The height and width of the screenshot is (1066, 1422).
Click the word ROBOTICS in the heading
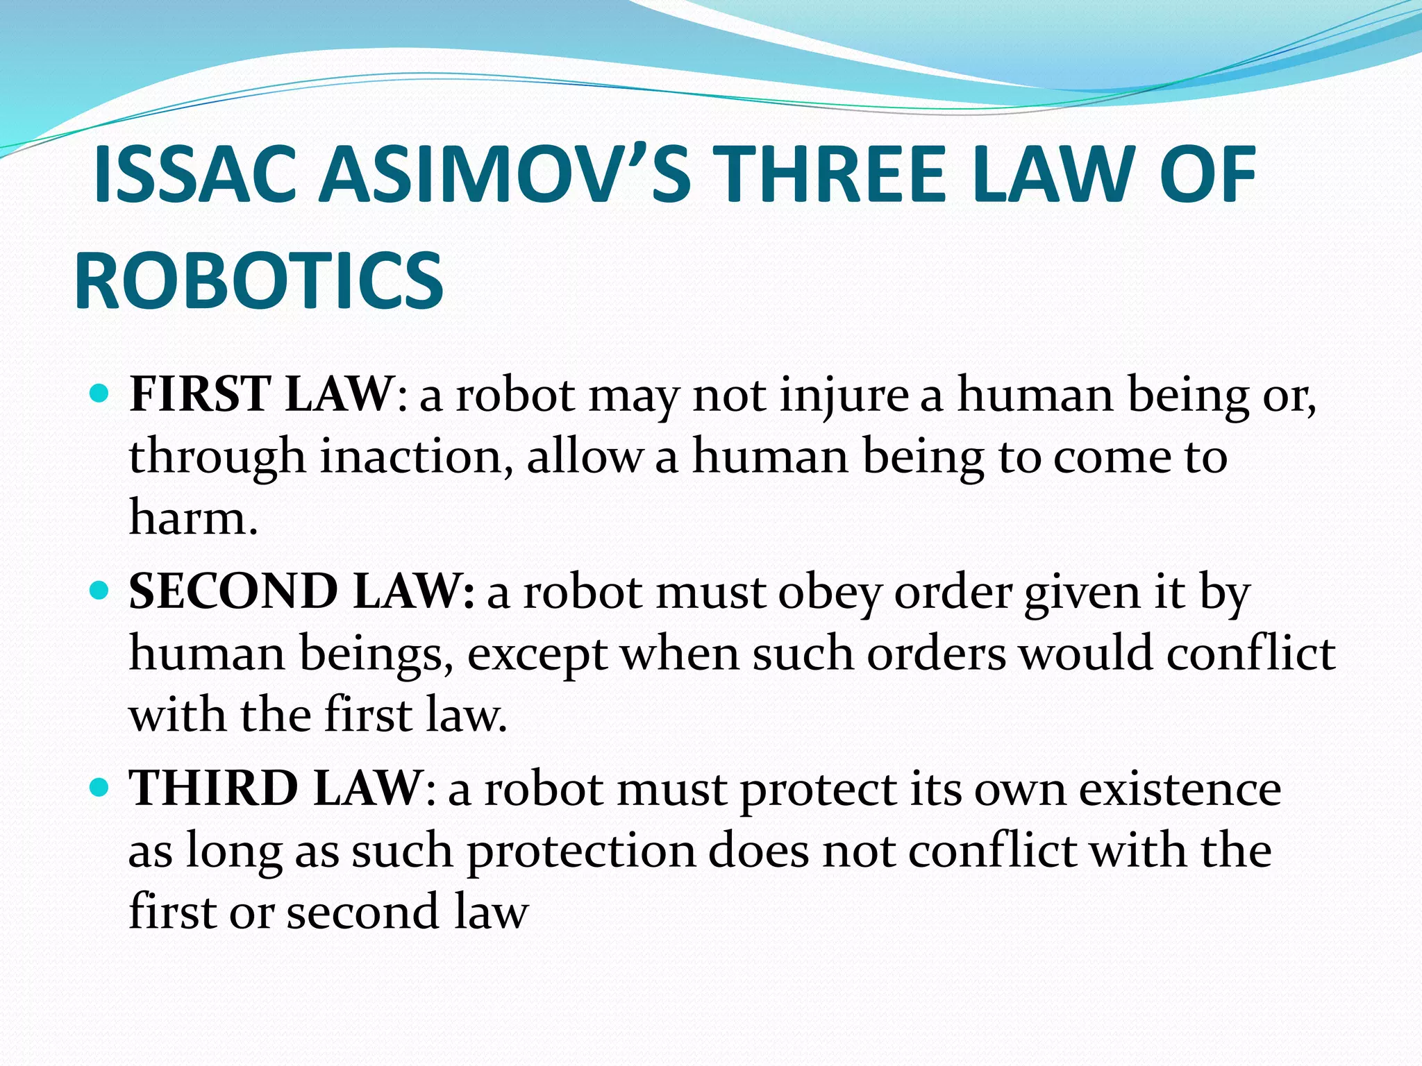(258, 281)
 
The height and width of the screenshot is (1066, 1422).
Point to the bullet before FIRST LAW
(100, 394)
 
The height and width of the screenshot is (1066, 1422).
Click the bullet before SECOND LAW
(100, 591)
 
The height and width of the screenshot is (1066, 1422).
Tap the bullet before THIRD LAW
(100, 788)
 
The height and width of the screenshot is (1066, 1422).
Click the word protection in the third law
(580, 852)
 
